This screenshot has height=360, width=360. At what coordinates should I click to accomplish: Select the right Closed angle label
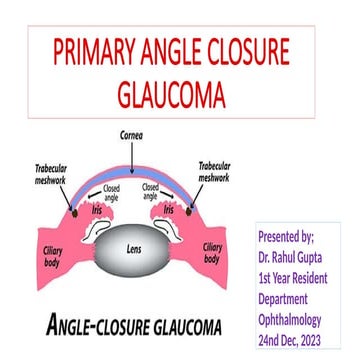(x=149, y=191)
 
